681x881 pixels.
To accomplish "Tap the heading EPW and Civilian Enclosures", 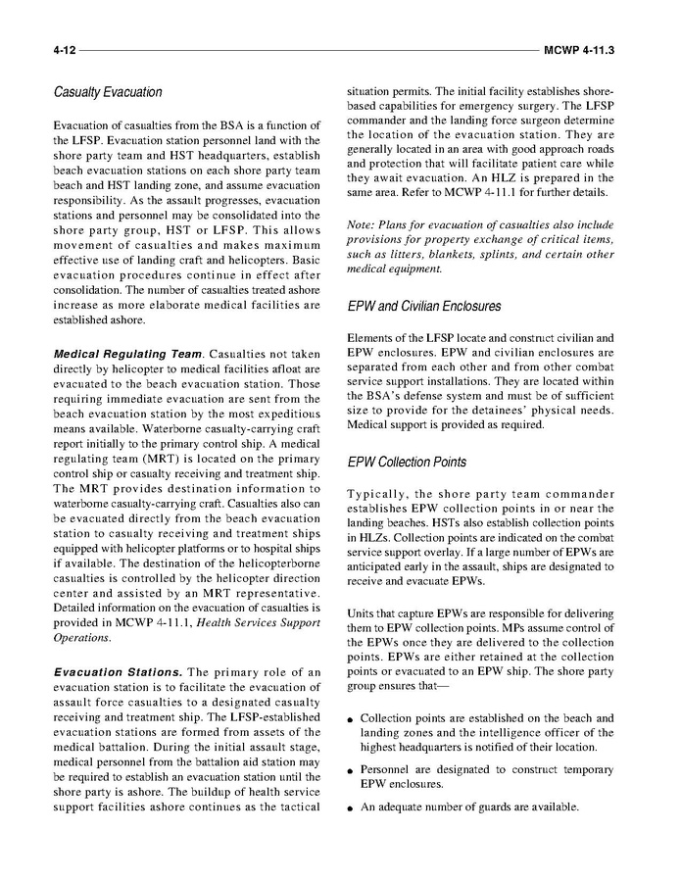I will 424,307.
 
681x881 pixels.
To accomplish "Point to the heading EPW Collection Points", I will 407,462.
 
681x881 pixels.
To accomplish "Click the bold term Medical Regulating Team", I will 117,352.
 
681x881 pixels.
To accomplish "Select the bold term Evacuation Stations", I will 116,671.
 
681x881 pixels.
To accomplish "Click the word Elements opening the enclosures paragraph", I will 372,339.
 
